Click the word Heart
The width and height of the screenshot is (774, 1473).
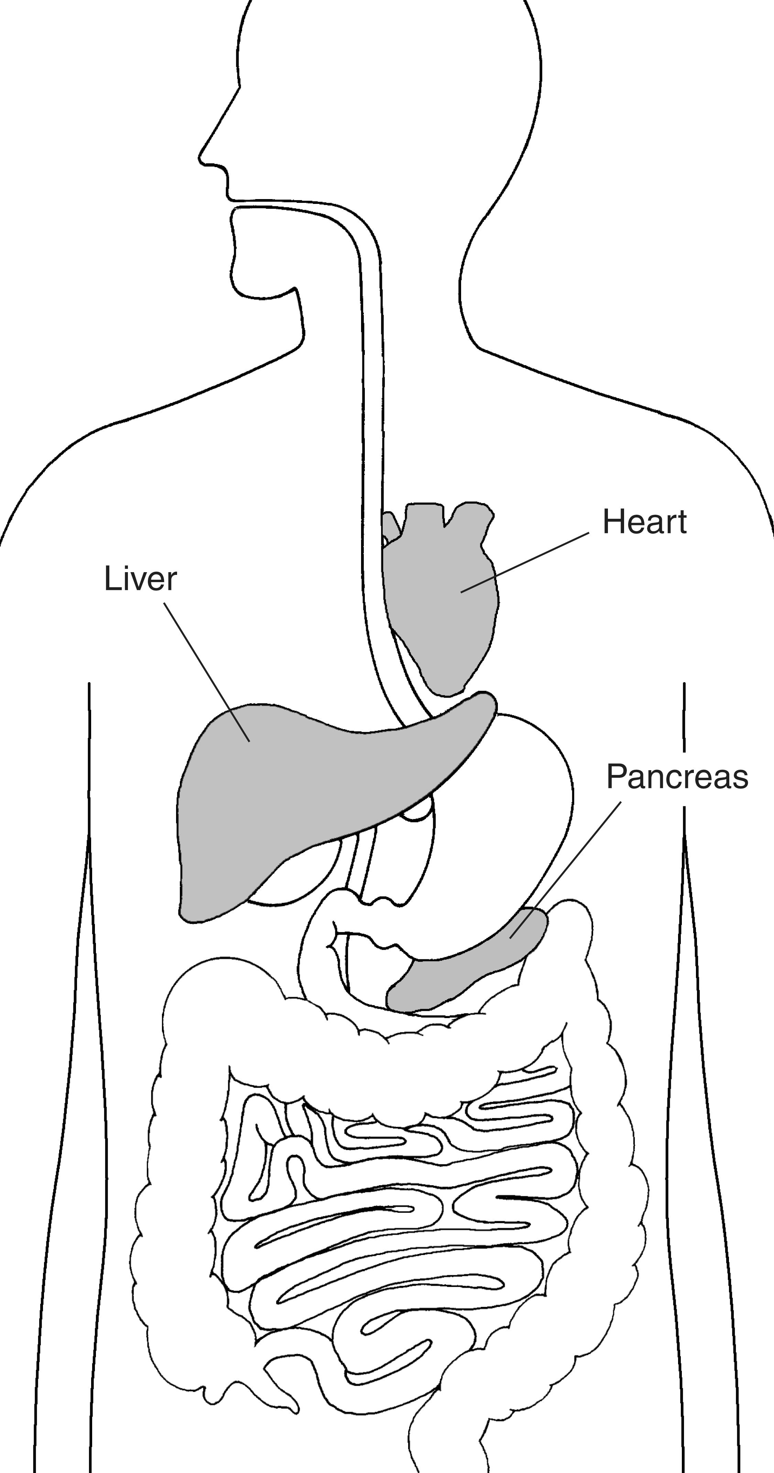click(644, 522)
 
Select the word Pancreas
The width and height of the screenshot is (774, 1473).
click(677, 776)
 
